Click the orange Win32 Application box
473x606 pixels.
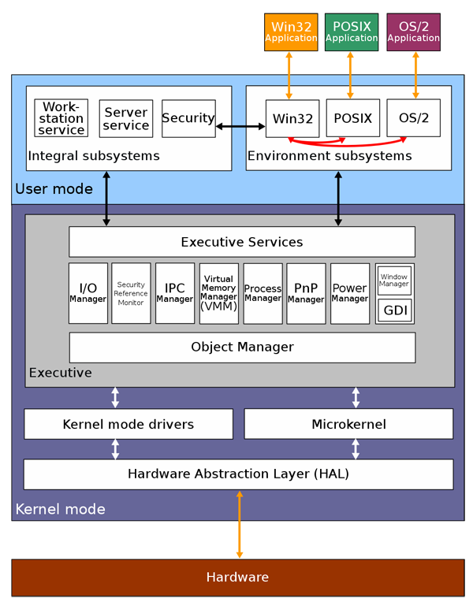pos(291,32)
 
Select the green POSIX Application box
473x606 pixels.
pos(352,32)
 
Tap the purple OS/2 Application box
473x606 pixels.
pos(413,32)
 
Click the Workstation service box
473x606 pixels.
pos(61,118)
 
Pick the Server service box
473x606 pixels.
pos(126,118)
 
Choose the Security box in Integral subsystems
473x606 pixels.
pos(188,118)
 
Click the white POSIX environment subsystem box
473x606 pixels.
pos(352,118)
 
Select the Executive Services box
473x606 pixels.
pos(242,242)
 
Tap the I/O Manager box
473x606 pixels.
pos(88,293)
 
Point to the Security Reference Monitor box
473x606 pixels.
pos(131,293)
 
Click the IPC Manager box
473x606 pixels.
pos(175,293)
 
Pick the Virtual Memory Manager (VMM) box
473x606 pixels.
pos(218,293)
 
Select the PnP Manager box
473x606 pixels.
pos(306,293)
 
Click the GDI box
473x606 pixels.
pos(395,310)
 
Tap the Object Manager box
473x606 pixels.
pos(242,347)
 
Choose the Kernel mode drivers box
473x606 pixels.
pos(128,424)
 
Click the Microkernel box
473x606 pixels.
pos(348,424)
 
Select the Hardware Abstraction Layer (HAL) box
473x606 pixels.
pos(238,474)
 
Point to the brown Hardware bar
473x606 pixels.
pos(237,578)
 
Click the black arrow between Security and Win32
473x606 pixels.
pos(240,126)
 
